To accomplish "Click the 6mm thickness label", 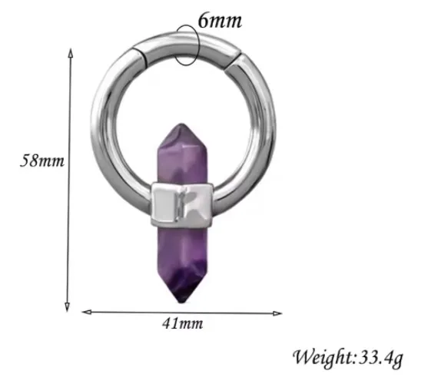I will tap(220, 21).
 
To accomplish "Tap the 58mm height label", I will tap(42, 161).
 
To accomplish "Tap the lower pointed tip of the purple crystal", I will tap(182, 301).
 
